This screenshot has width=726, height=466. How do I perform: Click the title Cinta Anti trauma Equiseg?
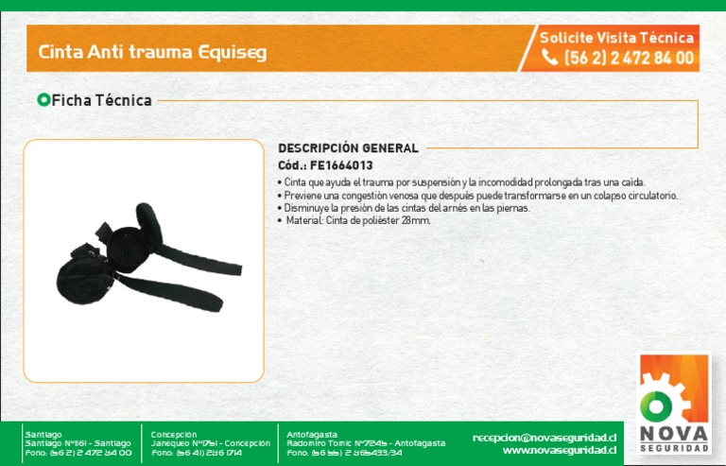point(152,52)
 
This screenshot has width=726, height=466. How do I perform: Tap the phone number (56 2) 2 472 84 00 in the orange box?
point(629,58)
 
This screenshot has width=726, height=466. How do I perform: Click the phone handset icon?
point(549,58)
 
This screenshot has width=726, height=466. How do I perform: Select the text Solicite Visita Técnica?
point(616,38)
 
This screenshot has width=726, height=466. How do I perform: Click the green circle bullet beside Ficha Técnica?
point(43,99)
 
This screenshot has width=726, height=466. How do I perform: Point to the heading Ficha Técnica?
point(101,100)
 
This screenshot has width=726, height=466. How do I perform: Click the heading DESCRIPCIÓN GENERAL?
point(348,148)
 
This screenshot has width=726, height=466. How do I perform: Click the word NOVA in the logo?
point(673,432)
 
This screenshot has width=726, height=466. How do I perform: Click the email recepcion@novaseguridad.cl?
point(544,437)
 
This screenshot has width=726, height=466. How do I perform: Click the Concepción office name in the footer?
point(174,434)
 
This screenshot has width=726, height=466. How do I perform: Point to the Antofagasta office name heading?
point(312,434)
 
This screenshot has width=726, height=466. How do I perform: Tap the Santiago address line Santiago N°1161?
point(78,443)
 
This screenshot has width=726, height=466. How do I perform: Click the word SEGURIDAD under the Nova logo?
point(673,447)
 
